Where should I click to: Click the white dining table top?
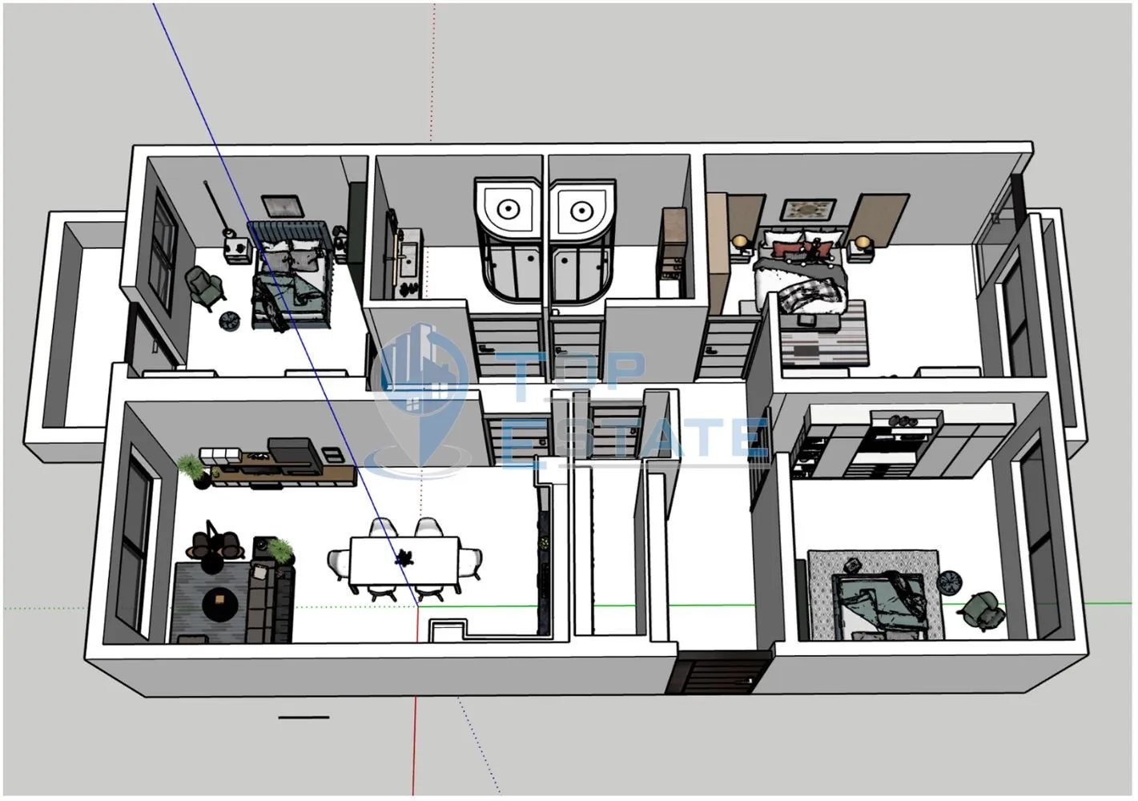[x=404, y=560]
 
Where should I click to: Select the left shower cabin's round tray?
[x=508, y=208]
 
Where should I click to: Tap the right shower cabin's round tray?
[x=581, y=210]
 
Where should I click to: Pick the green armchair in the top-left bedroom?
[x=205, y=286]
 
